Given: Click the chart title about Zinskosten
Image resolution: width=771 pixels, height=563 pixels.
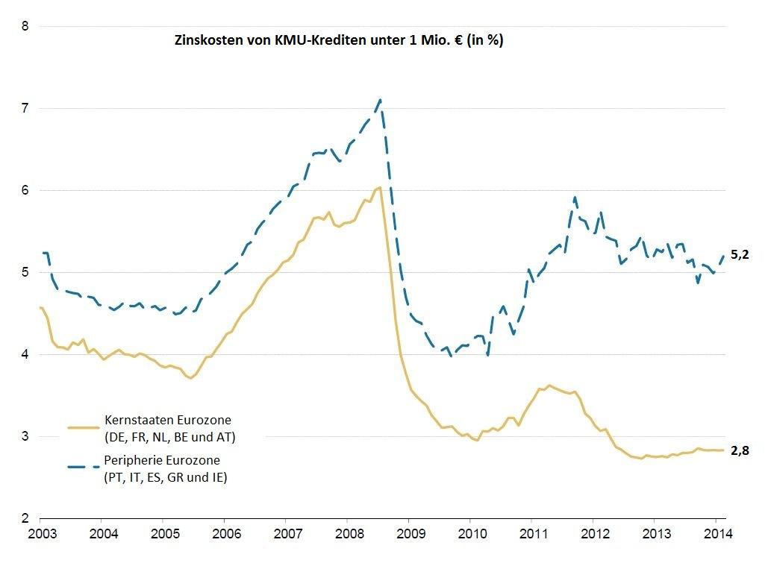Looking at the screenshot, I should coord(338,41).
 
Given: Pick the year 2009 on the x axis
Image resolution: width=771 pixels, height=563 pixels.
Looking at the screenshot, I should coord(408,535).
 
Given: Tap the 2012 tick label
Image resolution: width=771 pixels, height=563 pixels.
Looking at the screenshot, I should coord(593,535).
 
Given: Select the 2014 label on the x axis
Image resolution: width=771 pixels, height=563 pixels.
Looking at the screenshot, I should coord(715,535).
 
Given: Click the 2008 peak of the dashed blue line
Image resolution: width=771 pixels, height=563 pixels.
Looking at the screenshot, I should coord(381,99).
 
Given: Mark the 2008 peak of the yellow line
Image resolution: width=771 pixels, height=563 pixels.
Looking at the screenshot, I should coord(379,187).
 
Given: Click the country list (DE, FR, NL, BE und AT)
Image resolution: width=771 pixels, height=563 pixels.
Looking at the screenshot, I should coord(170,436).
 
